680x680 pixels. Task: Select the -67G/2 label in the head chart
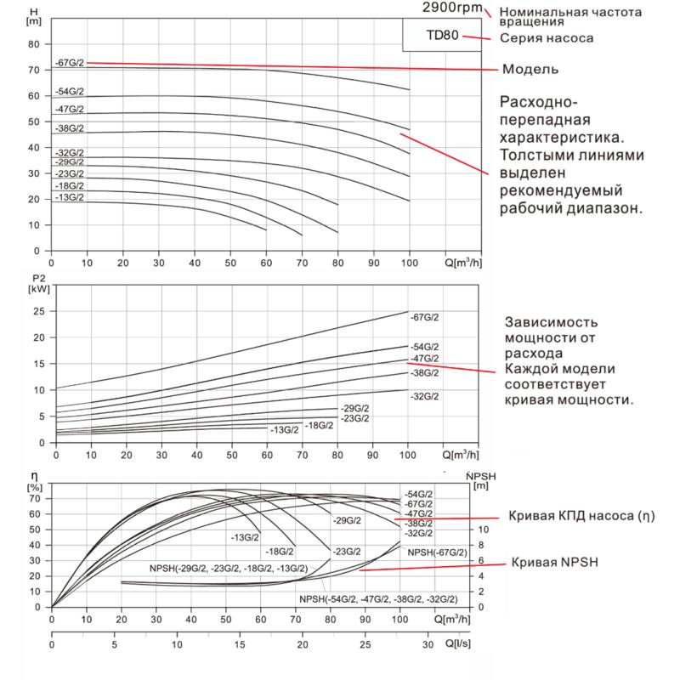70,63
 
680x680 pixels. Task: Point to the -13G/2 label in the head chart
70,197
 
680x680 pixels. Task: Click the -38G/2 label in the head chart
70,128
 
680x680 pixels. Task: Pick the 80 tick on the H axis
34,43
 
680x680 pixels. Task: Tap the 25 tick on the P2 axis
36,311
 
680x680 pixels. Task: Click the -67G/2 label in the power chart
425,317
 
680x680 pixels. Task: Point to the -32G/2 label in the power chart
425,397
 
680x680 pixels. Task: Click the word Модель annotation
530,69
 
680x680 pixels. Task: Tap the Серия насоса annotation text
546,38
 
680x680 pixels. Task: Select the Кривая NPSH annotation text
553,563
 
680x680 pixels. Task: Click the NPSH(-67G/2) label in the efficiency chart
437,552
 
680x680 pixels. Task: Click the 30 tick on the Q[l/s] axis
427,645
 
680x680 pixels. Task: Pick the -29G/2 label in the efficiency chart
348,520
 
